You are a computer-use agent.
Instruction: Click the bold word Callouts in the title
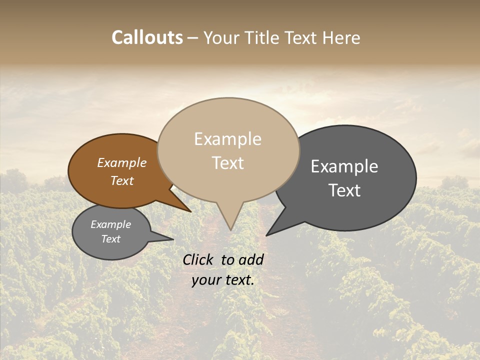(147, 38)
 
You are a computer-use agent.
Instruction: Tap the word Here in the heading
(342, 38)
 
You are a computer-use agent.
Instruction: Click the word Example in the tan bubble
(227, 139)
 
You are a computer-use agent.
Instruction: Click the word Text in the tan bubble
(227, 163)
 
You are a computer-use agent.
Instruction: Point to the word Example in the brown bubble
(121, 163)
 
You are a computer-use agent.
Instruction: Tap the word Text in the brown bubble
(121, 180)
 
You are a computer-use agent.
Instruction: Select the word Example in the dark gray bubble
(344, 166)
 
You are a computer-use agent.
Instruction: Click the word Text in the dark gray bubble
(344, 190)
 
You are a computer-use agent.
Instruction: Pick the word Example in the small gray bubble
(110, 224)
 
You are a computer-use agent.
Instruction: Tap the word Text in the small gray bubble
(110, 239)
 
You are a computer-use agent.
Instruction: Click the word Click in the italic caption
(198, 259)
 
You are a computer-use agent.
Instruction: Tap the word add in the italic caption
(252, 259)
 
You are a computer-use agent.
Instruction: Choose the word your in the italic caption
(205, 279)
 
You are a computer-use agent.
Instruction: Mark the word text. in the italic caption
(238, 279)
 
